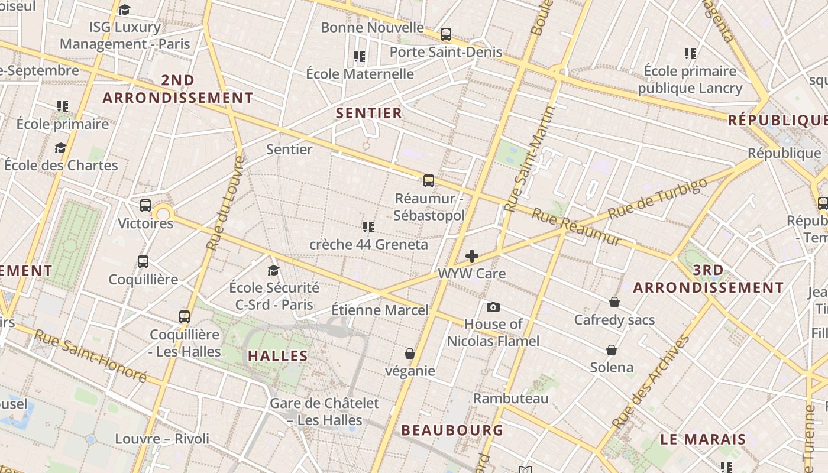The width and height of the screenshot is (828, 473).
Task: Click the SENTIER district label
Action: pyautogui.click(x=369, y=113)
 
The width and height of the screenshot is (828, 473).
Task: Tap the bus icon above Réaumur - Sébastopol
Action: pyautogui.click(x=429, y=181)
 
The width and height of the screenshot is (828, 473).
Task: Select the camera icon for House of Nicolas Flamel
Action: pyautogui.click(x=493, y=307)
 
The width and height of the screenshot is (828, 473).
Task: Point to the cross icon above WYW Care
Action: pyautogui.click(x=472, y=256)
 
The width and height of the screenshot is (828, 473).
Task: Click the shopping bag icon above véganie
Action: pyautogui.click(x=409, y=354)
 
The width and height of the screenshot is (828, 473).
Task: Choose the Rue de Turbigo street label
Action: pyautogui.click(x=657, y=199)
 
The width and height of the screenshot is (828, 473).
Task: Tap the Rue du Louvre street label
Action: pyautogui.click(x=224, y=202)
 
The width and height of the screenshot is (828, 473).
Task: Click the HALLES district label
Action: pyautogui.click(x=278, y=356)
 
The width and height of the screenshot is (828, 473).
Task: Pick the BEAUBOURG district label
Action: pyautogui.click(x=452, y=430)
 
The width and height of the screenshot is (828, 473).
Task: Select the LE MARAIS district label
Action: pyautogui.click(x=703, y=439)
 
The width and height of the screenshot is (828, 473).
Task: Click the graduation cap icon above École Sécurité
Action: pyautogui.click(x=273, y=270)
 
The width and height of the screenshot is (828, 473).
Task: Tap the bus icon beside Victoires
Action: pyautogui.click(x=145, y=206)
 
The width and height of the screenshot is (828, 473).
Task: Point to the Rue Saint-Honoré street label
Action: pyautogui.click(x=90, y=355)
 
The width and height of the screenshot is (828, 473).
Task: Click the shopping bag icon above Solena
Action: pyautogui.click(x=612, y=350)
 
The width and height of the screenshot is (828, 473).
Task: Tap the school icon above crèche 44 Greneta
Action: pyautogui.click(x=368, y=226)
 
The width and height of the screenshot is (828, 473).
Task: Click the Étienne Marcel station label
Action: pyautogui.click(x=380, y=310)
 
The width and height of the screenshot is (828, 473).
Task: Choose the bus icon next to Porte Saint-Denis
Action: pyautogui.click(x=446, y=34)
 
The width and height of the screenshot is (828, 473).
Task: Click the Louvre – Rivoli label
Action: pyautogui.click(x=162, y=439)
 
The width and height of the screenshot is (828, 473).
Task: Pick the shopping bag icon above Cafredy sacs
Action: pyautogui.click(x=614, y=302)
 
